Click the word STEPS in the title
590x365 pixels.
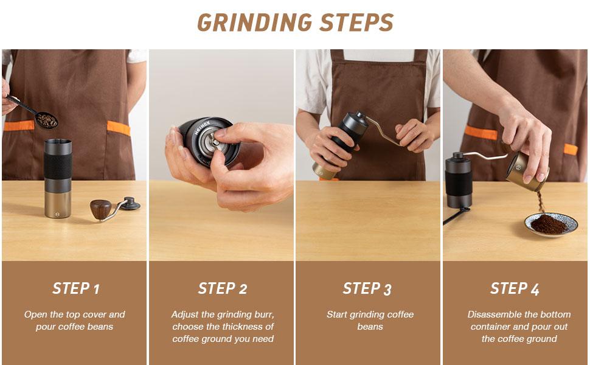tap(355, 23)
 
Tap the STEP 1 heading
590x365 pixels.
tap(75, 288)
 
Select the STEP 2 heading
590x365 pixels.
tap(223, 288)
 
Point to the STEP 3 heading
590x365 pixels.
tap(367, 288)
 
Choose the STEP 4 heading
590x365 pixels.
tap(515, 288)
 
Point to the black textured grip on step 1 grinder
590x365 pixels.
tap(58, 165)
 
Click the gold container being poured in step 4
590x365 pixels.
tap(527, 170)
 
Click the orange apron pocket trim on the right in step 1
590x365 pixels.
tap(119, 128)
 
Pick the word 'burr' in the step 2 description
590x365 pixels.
tap(263, 315)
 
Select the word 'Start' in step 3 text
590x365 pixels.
tap(338, 315)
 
